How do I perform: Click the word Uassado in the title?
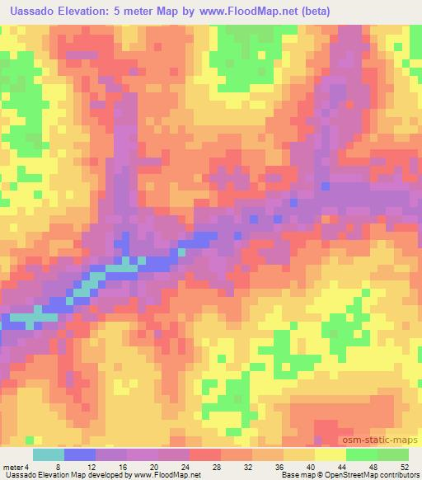point(33,11)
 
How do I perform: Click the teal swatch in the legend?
point(49,454)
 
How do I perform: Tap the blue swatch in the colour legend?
point(80,454)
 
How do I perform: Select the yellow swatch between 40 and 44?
point(331,454)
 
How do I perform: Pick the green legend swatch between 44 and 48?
point(362,454)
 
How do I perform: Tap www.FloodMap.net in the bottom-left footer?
point(165,476)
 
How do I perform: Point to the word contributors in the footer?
point(401,476)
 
